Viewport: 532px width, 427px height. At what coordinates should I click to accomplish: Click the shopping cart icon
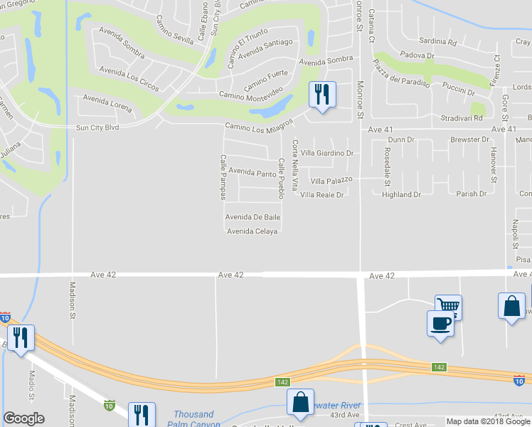[448, 306]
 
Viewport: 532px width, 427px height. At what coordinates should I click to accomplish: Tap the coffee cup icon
[440, 322]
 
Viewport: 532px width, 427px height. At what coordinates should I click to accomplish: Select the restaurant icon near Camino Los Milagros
[321, 94]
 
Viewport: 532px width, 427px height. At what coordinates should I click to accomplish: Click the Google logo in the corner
[23, 418]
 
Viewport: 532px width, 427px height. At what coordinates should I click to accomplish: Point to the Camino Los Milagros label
[259, 127]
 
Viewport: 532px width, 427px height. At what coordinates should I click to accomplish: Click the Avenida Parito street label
[252, 173]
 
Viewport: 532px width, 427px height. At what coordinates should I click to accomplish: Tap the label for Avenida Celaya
[252, 231]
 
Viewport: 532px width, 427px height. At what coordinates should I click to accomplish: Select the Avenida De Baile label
[252, 217]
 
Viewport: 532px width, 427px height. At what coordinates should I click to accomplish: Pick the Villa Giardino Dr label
[326, 153]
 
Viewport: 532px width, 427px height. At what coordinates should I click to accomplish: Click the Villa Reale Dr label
[322, 194]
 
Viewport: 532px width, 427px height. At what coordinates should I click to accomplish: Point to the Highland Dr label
[401, 194]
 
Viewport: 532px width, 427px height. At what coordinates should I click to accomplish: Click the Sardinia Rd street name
[437, 43]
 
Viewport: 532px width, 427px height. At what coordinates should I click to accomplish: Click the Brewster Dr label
[469, 140]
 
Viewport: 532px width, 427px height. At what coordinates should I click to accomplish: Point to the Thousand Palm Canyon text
[194, 419]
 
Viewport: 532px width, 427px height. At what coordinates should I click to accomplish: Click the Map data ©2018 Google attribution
[488, 421]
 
